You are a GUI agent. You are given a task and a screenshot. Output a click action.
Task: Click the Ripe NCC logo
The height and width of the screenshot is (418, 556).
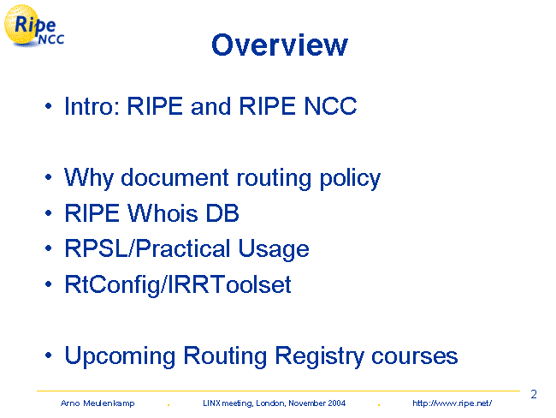(x=34, y=26)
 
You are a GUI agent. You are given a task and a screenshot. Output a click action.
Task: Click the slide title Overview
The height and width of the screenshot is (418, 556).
(x=280, y=45)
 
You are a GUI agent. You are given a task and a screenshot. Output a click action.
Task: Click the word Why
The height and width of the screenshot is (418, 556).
(x=88, y=178)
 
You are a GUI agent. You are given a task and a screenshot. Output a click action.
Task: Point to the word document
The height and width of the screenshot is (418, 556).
(x=174, y=177)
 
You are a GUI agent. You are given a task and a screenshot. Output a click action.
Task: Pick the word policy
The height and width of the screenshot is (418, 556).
(x=351, y=178)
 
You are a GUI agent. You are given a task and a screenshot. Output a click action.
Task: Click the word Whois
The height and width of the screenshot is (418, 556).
(x=163, y=213)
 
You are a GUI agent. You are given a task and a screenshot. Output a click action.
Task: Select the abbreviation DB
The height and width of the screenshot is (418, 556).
(x=222, y=213)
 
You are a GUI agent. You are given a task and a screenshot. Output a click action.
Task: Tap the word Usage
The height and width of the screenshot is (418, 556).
(x=274, y=249)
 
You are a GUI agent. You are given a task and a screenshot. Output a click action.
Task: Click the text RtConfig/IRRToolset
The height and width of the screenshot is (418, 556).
(x=178, y=285)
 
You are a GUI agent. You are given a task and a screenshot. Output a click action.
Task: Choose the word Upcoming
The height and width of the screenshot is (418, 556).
(x=120, y=356)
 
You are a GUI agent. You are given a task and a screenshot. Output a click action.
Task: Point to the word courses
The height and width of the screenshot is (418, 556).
(x=415, y=355)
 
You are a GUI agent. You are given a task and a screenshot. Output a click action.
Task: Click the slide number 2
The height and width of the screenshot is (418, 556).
(x=534, y=394)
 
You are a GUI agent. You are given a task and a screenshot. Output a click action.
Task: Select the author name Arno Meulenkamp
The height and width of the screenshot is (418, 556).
(x=98, y=403)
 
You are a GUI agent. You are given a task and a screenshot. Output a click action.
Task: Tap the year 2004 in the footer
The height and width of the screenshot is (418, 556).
(x=336, y=403)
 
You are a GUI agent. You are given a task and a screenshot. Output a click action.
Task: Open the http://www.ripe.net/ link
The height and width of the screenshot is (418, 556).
(x=452, y=403)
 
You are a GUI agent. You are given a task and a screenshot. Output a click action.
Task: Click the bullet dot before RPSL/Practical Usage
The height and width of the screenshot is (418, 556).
(x=49, y=248)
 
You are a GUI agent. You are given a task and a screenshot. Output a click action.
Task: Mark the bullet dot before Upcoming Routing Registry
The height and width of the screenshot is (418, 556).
(x=49, y=355)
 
